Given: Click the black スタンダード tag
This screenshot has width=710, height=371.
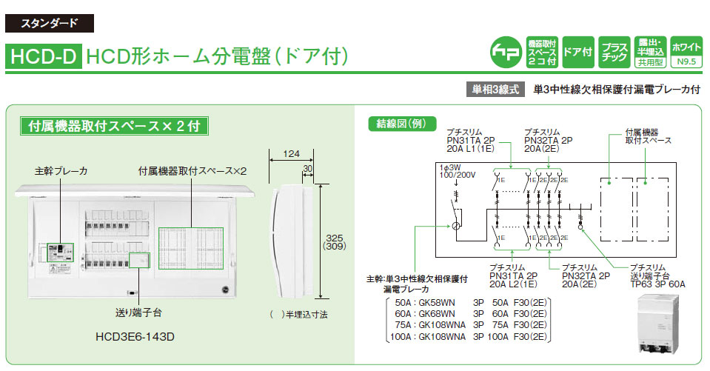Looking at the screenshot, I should click(x=50, y=23).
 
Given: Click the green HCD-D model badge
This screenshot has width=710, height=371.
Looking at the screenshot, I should click(x=42, y=56).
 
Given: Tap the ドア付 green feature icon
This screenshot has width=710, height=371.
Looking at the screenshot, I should click(x=577, y=52).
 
